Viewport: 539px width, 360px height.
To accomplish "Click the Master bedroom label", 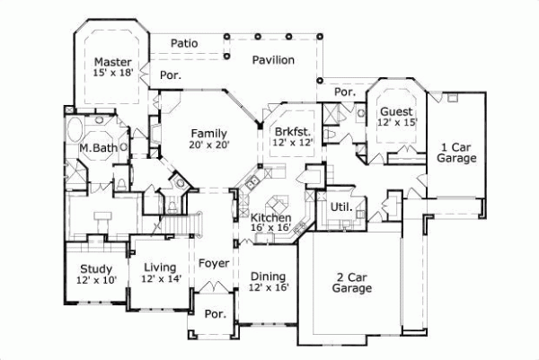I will click(112, 62).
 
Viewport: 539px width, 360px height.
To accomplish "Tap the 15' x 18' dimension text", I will click(112, 74).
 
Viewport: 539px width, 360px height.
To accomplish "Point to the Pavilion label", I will click(273, 60).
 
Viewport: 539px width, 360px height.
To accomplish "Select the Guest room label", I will click(396, 111).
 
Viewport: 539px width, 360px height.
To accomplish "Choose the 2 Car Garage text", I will click(351, 283).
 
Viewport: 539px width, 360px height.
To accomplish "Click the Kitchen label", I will click(270, 218).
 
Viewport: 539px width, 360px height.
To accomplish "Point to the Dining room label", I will click(267, 277).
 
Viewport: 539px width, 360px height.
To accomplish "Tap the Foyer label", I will click(213, 265).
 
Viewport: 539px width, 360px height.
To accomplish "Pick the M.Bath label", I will click(94, 148).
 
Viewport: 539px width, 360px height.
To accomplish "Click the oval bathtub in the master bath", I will click(78, 125).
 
